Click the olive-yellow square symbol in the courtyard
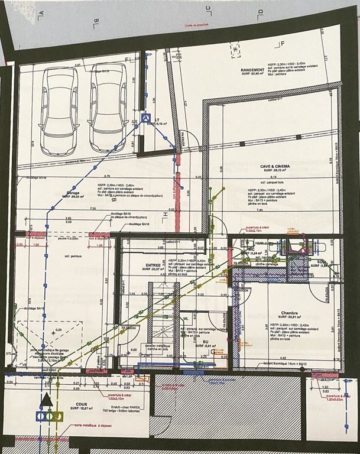pos(55,416)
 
